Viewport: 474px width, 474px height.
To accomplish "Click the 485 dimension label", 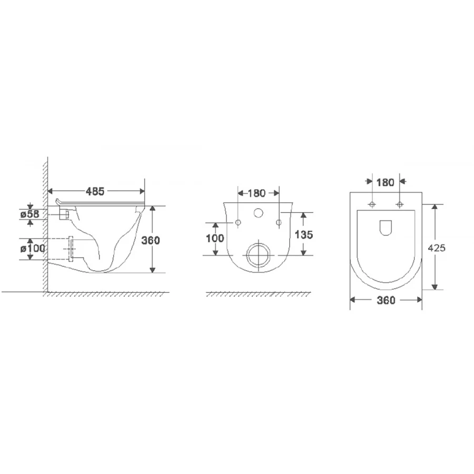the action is (95, 191).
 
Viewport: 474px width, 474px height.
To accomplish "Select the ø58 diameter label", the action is (30, 214).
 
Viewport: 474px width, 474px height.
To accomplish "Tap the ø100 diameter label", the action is (32, 249).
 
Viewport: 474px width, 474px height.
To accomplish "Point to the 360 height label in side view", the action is (151, 240).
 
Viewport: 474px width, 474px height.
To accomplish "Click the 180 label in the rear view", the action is (256, 193).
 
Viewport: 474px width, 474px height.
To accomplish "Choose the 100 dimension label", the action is (215, 238).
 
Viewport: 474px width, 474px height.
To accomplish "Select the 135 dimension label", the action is (303, 234).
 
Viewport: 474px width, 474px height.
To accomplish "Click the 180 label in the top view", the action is (385, 183).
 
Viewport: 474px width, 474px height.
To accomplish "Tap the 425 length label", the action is (437, 248).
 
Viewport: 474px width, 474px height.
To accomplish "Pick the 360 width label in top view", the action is (386, 300).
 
